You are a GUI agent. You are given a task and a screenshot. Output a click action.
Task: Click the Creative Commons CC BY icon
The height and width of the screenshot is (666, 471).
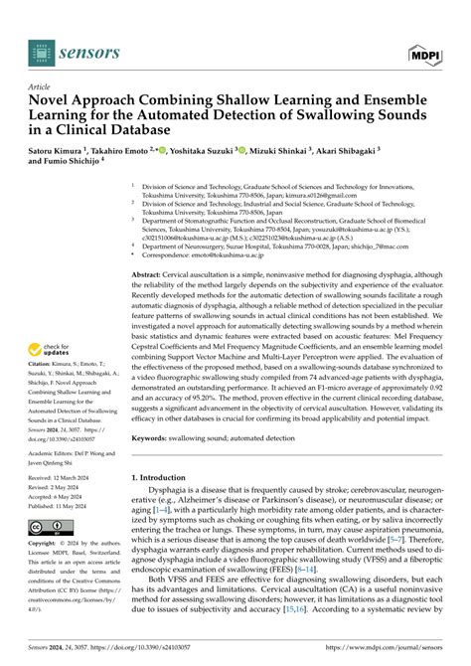(46, 529)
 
